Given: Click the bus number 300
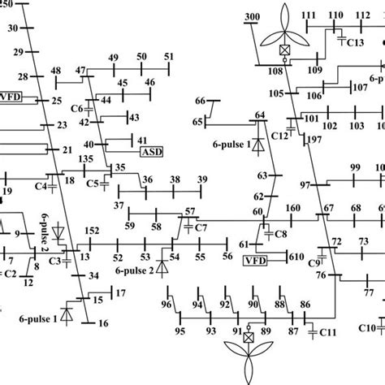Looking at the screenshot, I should tap(252, 17).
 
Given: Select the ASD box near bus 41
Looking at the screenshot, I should tap(152, 151).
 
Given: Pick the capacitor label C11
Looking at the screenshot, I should tap(328, 332).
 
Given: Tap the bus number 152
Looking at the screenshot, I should tap(93, 231).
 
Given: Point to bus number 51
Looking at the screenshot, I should tap(169, 56).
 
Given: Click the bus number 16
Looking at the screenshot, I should tap(102, 323).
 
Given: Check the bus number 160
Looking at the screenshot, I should tap(292, 210).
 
